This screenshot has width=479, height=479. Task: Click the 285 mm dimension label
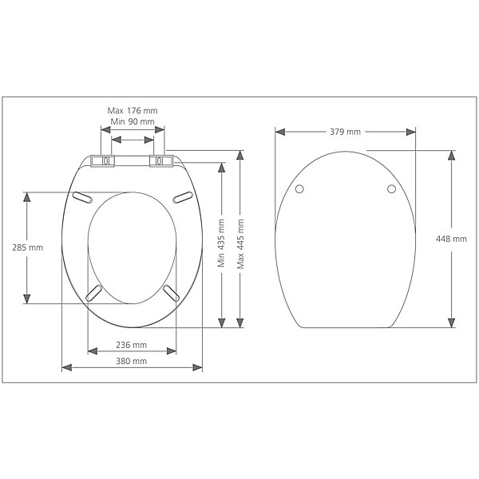pos(27,247)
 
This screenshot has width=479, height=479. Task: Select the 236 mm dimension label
pos(132,345)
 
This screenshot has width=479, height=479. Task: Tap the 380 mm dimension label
pos(132,361)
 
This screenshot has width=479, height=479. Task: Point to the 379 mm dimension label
pos(345,132)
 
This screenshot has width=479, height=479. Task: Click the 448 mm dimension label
pos(451,239)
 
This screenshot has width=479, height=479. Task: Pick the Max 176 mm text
pos(133,111)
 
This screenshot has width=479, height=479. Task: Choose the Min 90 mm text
pos(133,121)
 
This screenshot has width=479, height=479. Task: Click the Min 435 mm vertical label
pos(221,243)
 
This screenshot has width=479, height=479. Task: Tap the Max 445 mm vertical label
pos(240,243)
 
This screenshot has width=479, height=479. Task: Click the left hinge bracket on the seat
pos(103,161)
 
